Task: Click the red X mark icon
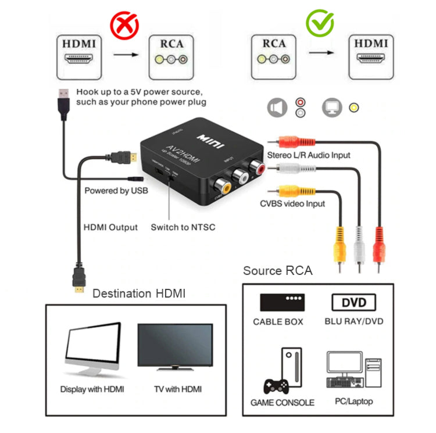click(x=124, y=24)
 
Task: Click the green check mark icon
click(x=320, y=23)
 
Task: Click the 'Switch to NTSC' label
click(x=183, y=227)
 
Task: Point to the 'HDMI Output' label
click(x=111, y=227)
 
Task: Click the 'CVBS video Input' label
click(x=292, y=203)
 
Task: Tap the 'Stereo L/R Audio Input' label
click(x=309, y=155)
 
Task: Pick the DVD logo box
click(x=353, y=303)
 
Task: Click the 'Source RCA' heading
click(x=277, y=270)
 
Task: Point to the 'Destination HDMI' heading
click(x=139, y=294)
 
